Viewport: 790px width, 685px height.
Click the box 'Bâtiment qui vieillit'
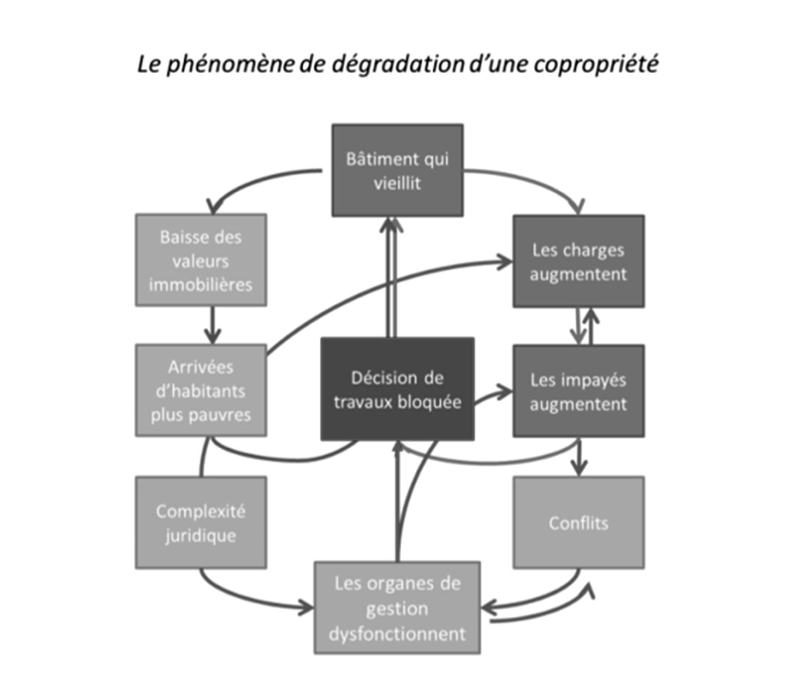pos(397,170)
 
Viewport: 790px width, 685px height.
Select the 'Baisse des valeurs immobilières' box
pos(201,260)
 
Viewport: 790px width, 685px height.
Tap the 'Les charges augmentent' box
pos(578,261)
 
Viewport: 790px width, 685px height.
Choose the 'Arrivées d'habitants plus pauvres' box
pos(201,390)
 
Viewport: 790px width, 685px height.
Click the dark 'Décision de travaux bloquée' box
pos(397,389)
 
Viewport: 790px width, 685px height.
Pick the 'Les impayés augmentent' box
pos(578,391)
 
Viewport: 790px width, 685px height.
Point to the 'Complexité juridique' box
pos(201,523)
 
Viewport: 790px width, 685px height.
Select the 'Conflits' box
pos(578,523)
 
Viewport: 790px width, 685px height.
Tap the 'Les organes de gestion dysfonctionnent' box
pos(397,608)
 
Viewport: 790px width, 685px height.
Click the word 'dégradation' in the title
pos(398,64)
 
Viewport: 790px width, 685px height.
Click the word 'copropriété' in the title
pos(596,64)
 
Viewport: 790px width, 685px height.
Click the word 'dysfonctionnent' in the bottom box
pos(397,634)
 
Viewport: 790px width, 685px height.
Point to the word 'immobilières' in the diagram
pos(201,284)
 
